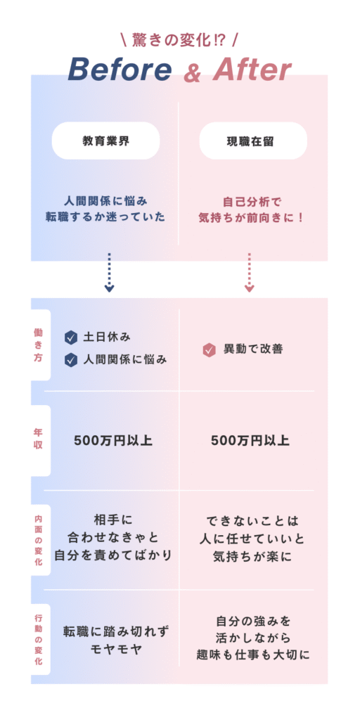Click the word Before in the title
pos(120,70)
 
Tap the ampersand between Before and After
pos(193,73)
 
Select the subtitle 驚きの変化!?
pos(179,41)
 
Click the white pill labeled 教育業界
pos(105,141)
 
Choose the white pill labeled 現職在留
pos(253,141)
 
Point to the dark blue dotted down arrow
pos(109,272)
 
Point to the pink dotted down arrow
pos(250,272)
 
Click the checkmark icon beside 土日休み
pos(71,338)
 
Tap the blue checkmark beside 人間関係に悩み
pos(71,360)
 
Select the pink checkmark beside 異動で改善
pos(210,350)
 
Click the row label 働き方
pos(38,345)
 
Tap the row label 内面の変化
pos(38,539)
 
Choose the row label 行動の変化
pos(38,639)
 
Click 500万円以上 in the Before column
pos(113,441)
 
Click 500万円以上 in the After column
pos(250,441)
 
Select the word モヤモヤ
pos(116,650)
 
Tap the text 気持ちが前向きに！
pos(252,218)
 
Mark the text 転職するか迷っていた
pos(105,218)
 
